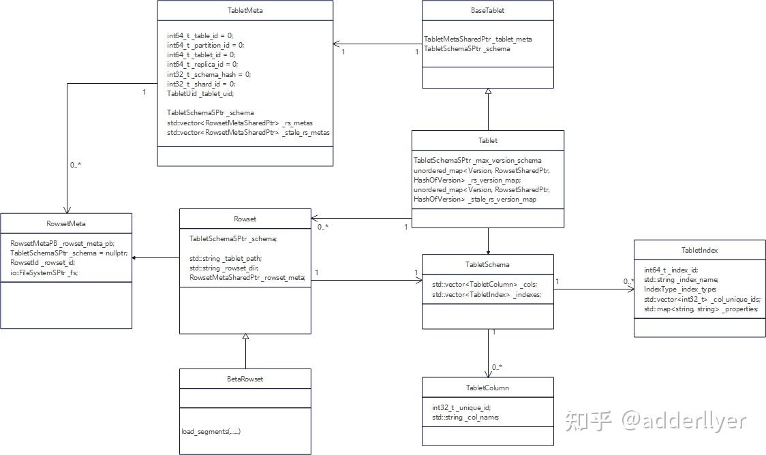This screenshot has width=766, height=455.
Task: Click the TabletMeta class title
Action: (x=245, y=11)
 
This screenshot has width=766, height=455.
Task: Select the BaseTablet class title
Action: (x=488, y=11)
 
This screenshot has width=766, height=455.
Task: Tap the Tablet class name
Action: (x=488, y=140)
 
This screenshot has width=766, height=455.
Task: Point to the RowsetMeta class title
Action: (x=66, y=223)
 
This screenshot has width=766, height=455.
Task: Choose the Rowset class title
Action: (x=245, y=219)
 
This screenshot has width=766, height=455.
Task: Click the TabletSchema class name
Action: (x=488, y=264)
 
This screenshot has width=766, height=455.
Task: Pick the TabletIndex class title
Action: (x=699, y=250)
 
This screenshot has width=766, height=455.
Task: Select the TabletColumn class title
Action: (x=488, y=388)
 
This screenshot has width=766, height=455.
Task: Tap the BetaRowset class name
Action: (x=245, y=379)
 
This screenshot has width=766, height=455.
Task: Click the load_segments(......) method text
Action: (x=211, y=431)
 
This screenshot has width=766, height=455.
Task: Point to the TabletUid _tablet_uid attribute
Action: (x=200, y=93)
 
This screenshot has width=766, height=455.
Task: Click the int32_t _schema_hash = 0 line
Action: (x=209, y=74)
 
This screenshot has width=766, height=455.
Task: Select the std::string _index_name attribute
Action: (x=681, y=279)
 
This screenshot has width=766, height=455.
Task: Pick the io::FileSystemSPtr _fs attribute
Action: (x=44, y=272)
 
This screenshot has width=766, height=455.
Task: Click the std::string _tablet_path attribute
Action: (x=226, y=258)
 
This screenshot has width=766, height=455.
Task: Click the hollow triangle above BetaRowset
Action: (x=245, y=336)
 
